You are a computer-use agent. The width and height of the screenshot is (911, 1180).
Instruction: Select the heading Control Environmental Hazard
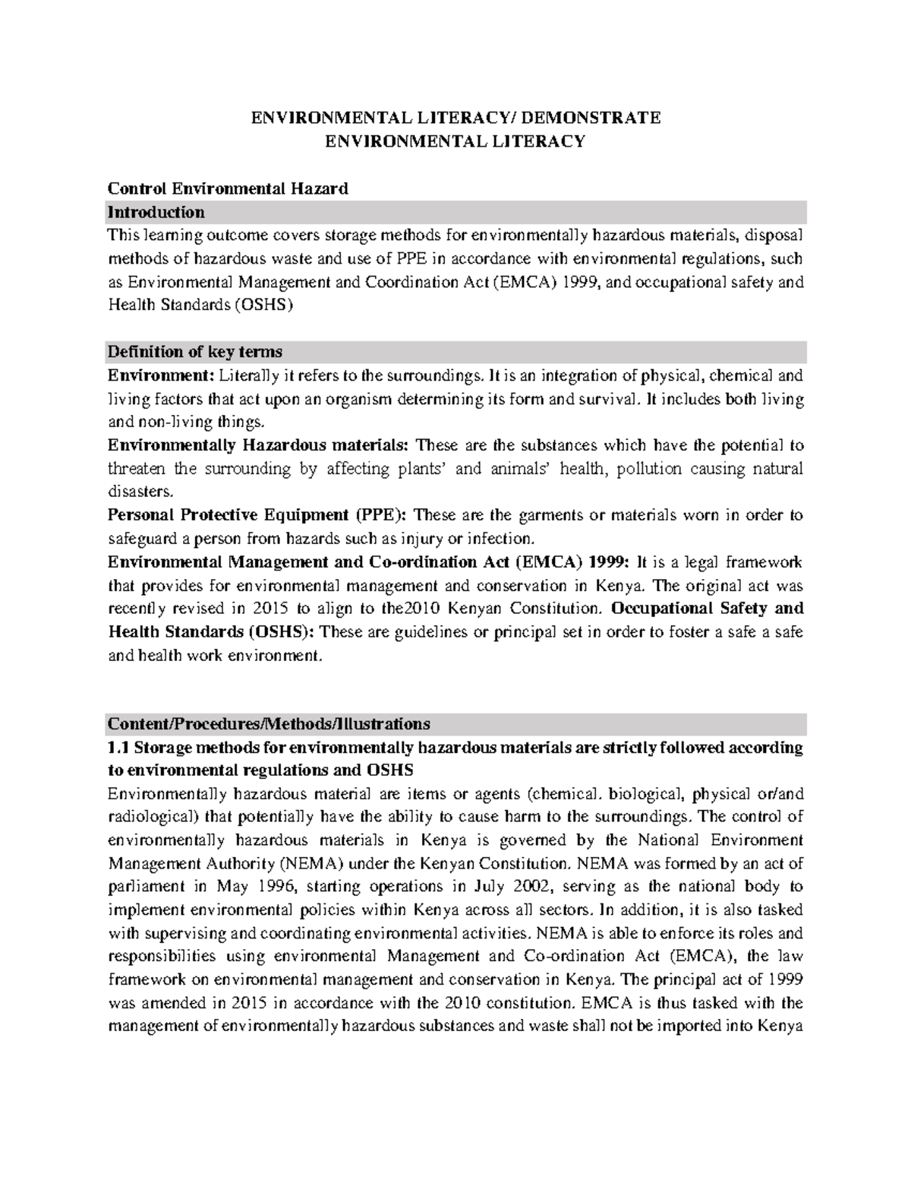[228, 188]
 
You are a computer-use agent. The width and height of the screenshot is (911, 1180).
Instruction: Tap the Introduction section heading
[156, 211]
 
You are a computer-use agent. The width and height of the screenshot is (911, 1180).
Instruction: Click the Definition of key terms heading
[195, 352]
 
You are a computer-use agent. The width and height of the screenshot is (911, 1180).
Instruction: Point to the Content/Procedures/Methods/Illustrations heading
[269, 723]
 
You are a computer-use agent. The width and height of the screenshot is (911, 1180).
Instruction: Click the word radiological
[150, 817]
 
